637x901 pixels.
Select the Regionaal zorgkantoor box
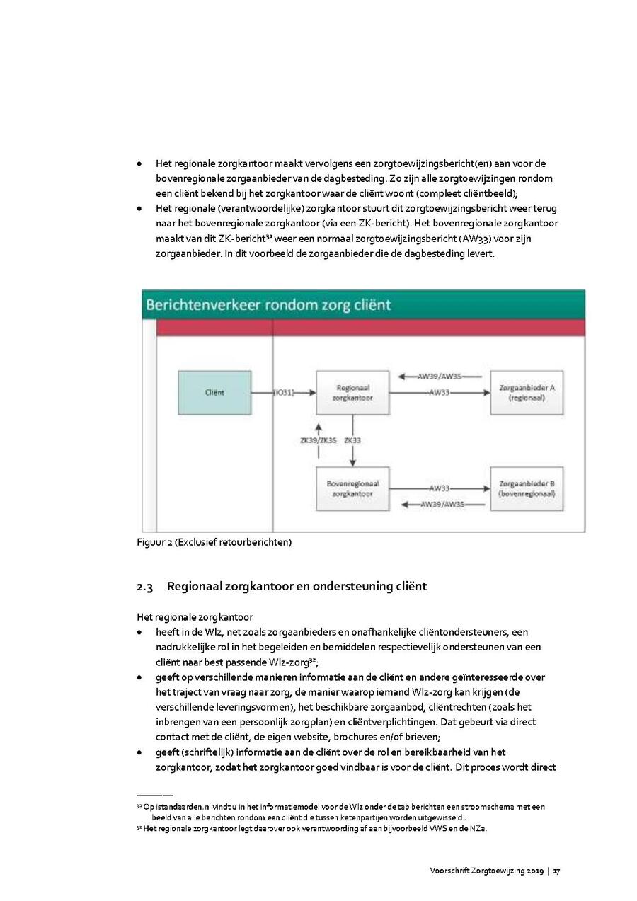(352, 393)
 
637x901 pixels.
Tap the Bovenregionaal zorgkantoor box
(352, 488)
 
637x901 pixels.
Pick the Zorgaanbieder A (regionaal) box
(527, 393)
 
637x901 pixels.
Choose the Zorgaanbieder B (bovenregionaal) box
(527, 488)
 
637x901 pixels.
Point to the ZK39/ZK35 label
(318, 440)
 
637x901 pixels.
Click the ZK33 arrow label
(352, 440)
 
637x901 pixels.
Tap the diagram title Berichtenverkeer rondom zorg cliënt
(268, 305)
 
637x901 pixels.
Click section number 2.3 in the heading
(144, 587)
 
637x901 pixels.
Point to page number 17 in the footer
(557, 871)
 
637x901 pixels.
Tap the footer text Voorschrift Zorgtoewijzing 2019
(486, 871)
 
